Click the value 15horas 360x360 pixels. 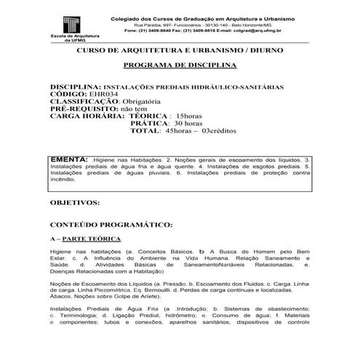[185, 116]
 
